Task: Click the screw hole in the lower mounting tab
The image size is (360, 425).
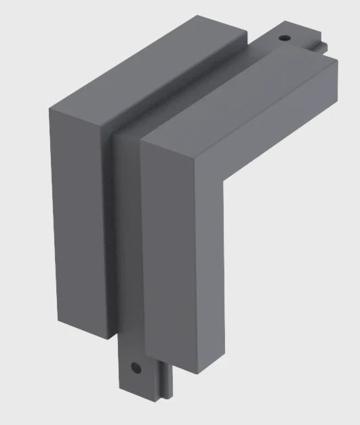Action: [x=136, y=368]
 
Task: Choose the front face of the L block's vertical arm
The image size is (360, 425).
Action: [x=180, y=271]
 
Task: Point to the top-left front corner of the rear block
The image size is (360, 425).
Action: [x=51, y=108]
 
